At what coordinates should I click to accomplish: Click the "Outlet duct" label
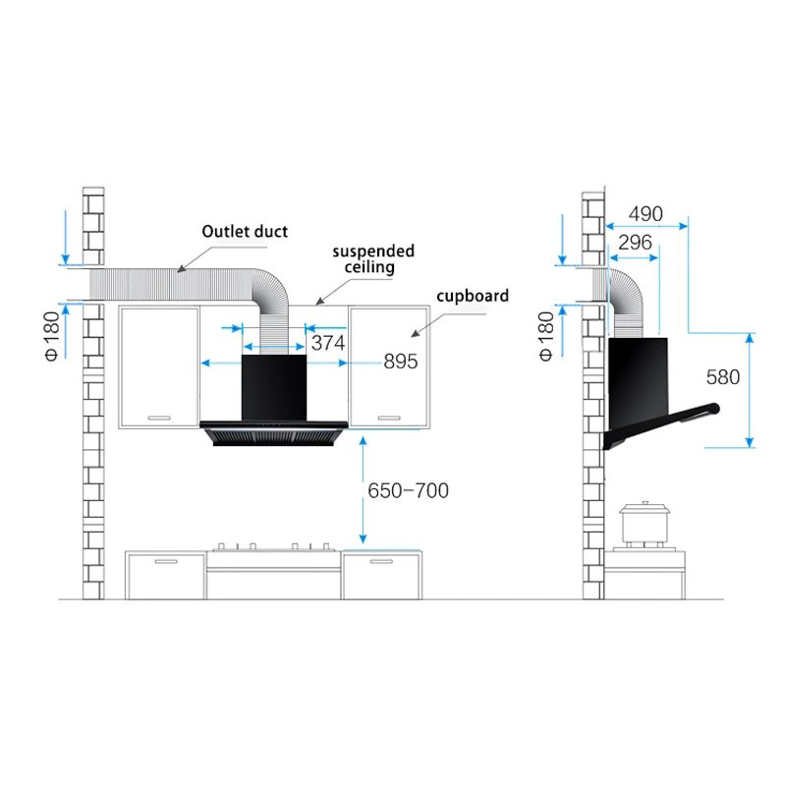coord(245,232)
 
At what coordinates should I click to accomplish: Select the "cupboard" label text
coord(474,295)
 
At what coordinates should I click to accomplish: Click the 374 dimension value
coord(326,343)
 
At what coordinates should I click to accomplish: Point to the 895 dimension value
coord(400,362)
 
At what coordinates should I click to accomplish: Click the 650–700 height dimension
coord(408,490)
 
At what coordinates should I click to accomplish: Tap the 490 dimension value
coord(646,214)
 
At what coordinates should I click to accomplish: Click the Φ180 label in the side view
coord(545,334)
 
